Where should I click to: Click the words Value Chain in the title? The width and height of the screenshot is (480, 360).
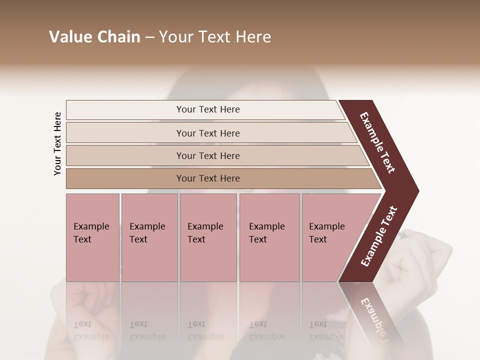click(94, 37)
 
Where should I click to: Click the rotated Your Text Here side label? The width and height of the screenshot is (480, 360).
click(57, 143)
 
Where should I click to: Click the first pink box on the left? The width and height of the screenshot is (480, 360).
click(92, 237)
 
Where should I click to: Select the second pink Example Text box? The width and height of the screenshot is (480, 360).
click(149, 237)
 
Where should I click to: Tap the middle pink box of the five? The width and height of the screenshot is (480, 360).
click(208, 237)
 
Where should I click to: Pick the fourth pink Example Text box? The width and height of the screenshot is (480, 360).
click(269, 237)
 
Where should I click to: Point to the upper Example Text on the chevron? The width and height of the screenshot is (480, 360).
click(377, 142)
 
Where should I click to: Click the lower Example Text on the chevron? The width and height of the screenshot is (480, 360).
click(379, 236)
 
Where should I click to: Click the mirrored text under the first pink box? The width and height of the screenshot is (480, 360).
click(91, 330)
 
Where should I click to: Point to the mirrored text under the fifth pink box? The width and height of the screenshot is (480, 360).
click(326, 330)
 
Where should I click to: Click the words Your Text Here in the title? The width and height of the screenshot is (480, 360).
click(215, 37)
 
